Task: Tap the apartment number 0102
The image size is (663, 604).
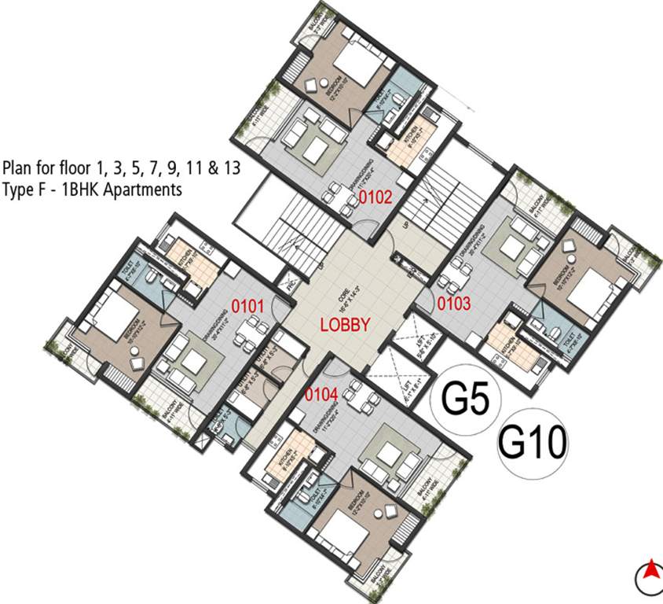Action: coord(375,197)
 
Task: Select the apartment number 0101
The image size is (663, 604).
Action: coord(249,306)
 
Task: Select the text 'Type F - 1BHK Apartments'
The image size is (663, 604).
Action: coord(92,190)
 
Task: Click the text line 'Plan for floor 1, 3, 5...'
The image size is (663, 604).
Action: coord(121,168)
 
